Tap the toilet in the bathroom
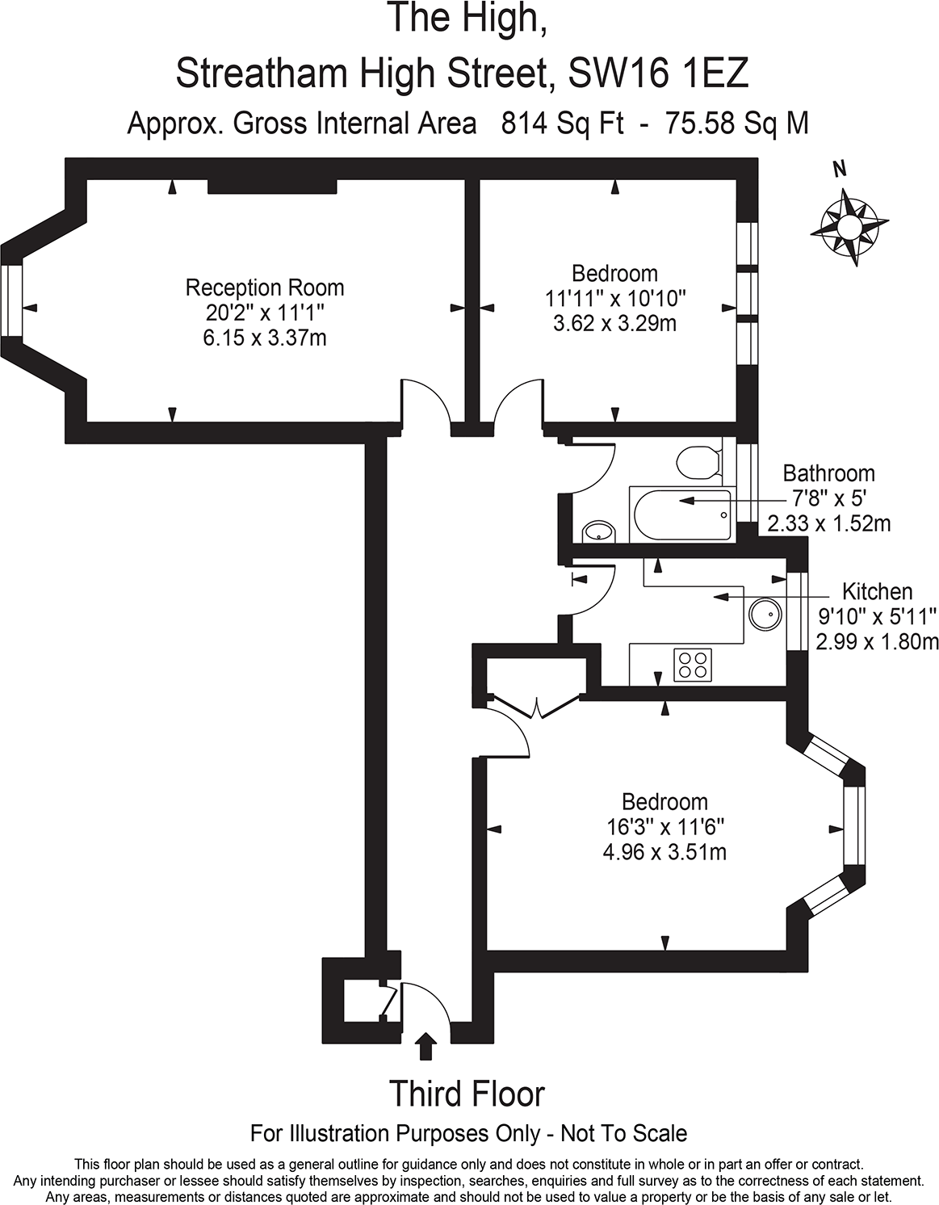tap(698, 463)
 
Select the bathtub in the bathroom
tap(682, 514)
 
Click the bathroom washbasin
tap(598, 531)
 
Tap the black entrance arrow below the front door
tap(425, 1046)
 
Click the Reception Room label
tap(265, 288)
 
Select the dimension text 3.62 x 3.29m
tap(614, 324)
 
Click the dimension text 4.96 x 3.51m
tap(664, 852)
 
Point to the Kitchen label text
tap(877, 591)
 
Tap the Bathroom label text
tap(828, 473)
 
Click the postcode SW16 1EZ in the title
tap(658, 74)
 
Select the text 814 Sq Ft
tap(563, 124)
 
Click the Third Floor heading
tap(467, 1094)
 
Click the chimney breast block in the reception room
tap(271, 187)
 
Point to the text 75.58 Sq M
tap(736, 124)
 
